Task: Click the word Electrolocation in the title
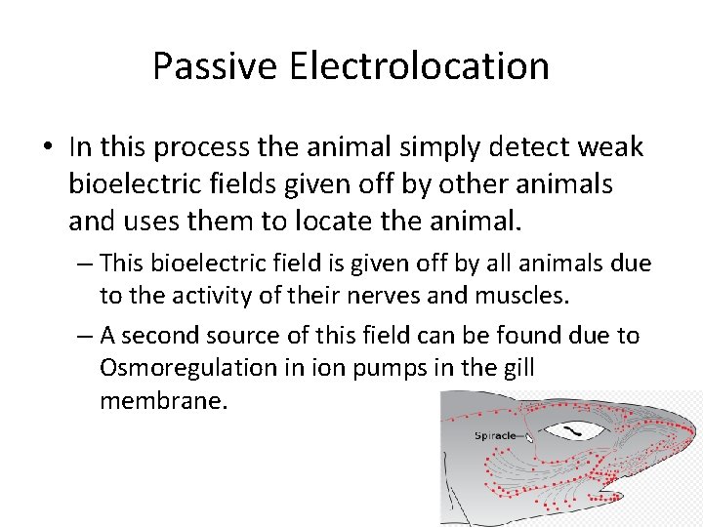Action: [419, 66]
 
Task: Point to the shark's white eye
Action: [572, 430]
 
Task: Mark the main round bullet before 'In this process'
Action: [48, 148]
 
